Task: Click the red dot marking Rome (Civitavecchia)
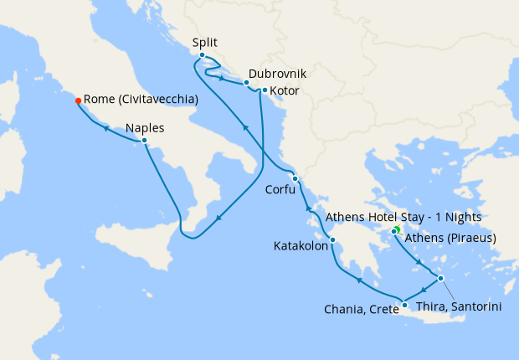pos(78,100)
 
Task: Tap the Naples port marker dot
pos(145,141)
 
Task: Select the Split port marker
pos(202,55)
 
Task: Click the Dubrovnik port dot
pos(246,83)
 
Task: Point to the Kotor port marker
pos(265,90)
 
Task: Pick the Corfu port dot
pos(295,178)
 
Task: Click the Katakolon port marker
pos(332,240)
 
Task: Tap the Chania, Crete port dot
pos(404,305)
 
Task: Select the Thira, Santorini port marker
pos(440,279)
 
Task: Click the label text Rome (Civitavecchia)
pos(141,100)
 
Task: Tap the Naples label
pos(145,128)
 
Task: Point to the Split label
pos(206,41)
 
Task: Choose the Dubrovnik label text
pos(277,74)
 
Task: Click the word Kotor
pos(285,90)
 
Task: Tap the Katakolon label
pos(301,247)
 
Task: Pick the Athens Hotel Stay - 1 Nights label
pos(415,217)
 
